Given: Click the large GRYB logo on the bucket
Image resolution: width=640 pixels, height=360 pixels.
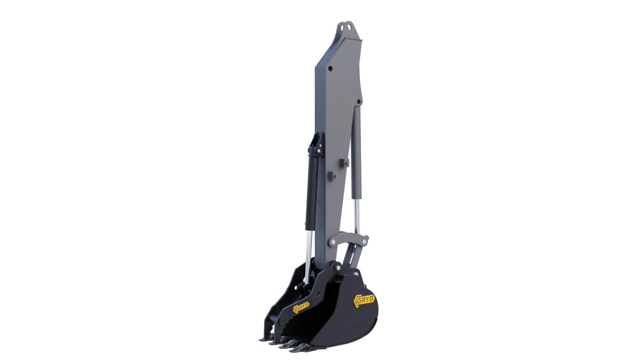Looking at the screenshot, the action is [364, 300].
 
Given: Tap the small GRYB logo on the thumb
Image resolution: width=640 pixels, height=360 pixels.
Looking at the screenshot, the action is [301, 307].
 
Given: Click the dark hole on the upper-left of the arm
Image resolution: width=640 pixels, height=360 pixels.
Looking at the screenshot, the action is [331, 69].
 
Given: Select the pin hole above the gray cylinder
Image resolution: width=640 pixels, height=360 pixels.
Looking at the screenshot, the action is [359, 101].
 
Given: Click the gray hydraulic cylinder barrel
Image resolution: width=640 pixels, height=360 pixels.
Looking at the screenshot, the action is [356, 152].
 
